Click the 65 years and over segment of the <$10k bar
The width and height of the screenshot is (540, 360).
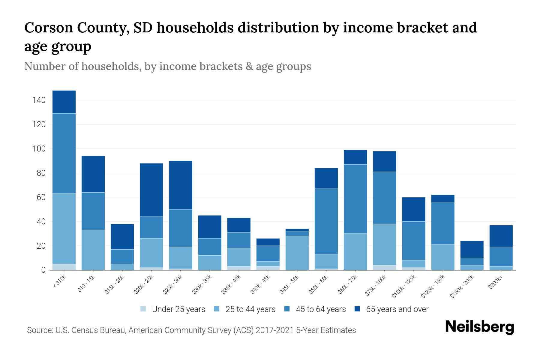click(x=64, y=102)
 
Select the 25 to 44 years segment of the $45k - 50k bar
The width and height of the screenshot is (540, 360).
click(x=297, y=253)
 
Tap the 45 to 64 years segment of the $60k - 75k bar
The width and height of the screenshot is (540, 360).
click(x=355, y=199)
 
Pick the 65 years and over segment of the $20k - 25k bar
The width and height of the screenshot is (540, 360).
click(x=151, y=190)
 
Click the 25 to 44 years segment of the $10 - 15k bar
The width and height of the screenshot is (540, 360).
click(x=93, y=250)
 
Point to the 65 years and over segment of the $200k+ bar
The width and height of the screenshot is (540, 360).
click(x=501, y=236)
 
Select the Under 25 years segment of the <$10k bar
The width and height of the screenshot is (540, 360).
click(x=64, y=267)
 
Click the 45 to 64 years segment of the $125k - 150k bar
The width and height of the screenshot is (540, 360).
click(x=442, y=223)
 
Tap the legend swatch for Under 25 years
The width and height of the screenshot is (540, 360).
click(x=143, y=309)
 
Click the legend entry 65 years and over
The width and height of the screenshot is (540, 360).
click(x=397, y=309)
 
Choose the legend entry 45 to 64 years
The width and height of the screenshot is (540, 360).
click(x=320, y=309)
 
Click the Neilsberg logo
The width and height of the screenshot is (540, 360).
click(x=479, y=327)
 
